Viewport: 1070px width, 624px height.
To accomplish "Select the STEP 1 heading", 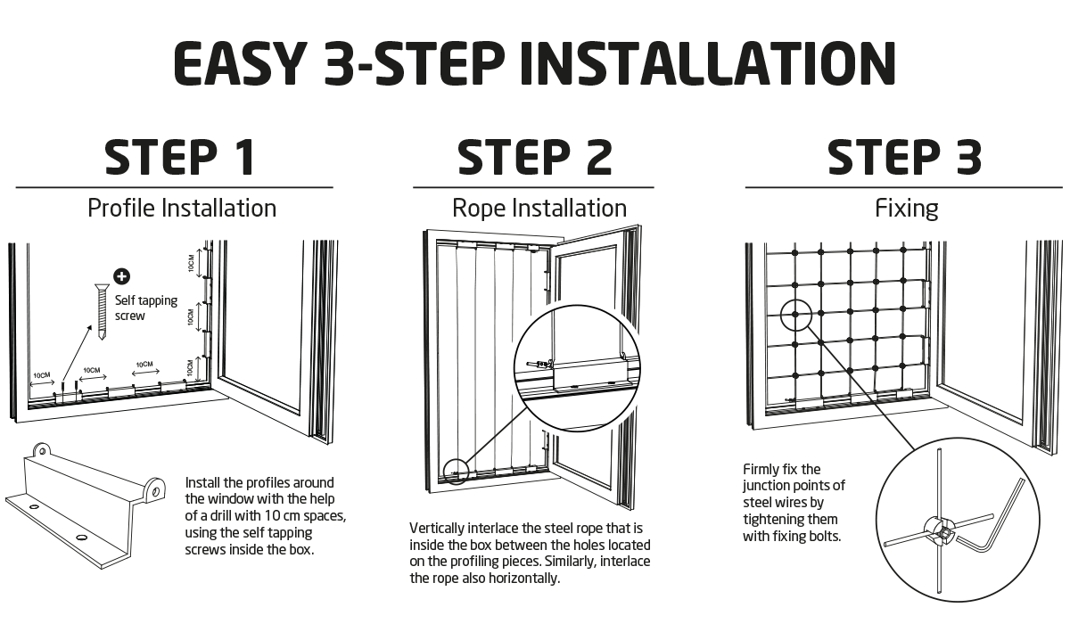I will click(180, 159).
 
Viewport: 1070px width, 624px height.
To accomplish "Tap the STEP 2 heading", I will click(535, 159).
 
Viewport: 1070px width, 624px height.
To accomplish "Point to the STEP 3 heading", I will click(905, 159).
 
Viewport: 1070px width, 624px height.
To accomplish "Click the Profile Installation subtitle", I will click(182, 209).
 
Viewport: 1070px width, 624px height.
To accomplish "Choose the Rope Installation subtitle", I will click(539, 209).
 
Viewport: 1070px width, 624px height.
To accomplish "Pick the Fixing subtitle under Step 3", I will click(907, 209).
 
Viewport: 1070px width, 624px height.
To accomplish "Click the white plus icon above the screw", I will click(122, 277).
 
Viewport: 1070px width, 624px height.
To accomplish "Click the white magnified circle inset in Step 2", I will click(577, 368).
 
